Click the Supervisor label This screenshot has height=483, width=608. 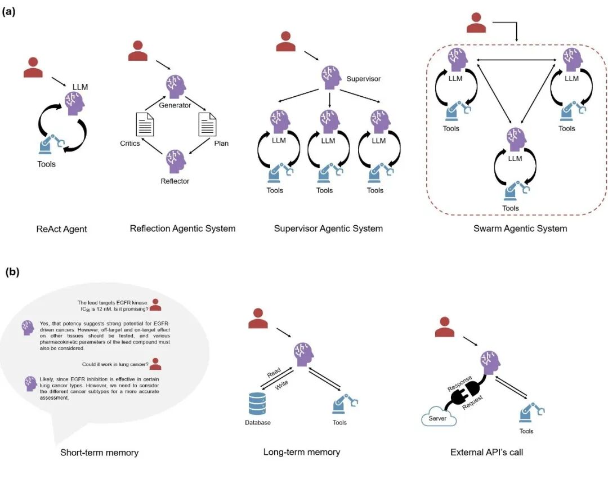click(x=363, y=79)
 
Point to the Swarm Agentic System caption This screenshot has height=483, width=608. click(x=520, y=229)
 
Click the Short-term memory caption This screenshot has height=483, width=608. click(x=99, y=453)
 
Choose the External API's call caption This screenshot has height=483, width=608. click(x=486, y=452)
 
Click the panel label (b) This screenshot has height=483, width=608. click(x=12, y=272)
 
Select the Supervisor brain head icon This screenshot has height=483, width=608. click(x=332, y=75)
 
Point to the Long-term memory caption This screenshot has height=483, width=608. click(x=302, y=452)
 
